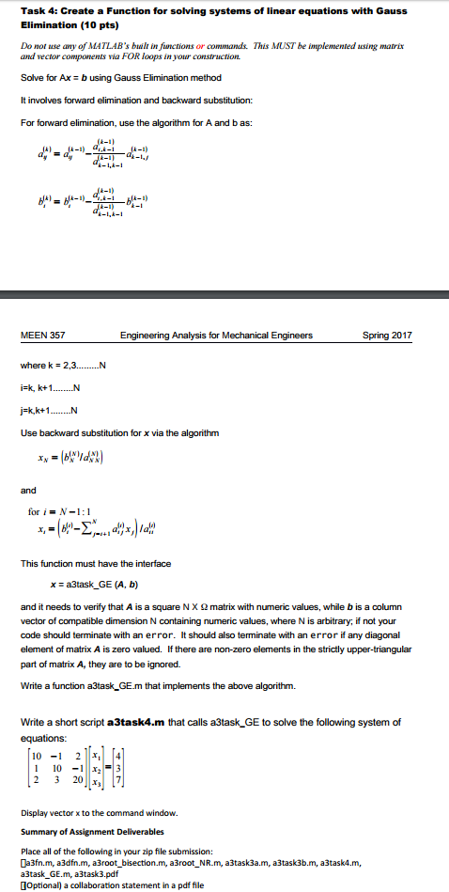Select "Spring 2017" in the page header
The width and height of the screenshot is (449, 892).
point(387,336)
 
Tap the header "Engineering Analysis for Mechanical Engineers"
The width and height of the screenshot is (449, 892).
point(216,336)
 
